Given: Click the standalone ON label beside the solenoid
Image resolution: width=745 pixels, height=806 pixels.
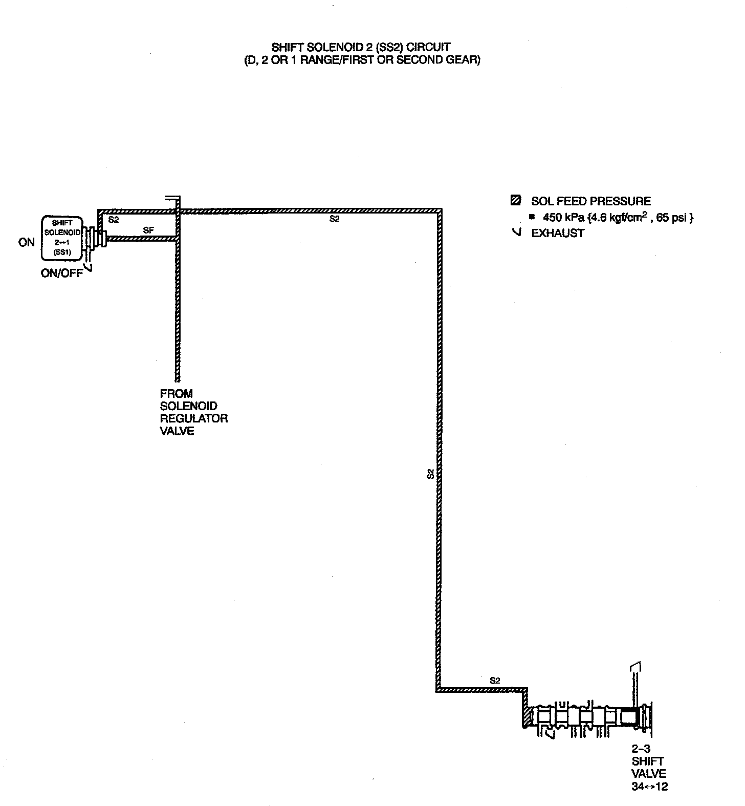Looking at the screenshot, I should tap(26, 243).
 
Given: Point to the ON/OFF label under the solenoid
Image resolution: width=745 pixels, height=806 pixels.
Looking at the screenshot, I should tap(61, 273).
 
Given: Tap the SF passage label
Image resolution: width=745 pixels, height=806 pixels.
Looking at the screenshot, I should tap(148, 231).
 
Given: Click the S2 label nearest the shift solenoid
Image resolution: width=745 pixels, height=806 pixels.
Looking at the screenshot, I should tap(114, 220).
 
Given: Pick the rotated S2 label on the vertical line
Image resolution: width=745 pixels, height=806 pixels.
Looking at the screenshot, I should tap(431, 474).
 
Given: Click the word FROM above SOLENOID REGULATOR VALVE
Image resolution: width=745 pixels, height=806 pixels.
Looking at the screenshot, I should tap(177, 394).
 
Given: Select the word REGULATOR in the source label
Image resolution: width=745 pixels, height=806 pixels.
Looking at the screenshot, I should tap(194, 418).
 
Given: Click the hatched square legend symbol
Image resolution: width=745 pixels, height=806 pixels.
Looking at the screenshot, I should tap(516, 201).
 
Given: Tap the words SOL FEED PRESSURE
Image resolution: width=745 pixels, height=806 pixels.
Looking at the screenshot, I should tap(591, 201).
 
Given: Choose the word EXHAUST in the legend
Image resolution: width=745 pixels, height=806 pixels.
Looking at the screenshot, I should tap(558, 234).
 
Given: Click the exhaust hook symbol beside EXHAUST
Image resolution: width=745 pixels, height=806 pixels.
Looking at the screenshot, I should tap(517, 233).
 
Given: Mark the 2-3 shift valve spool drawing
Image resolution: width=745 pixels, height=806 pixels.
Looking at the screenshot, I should tap(588, 717).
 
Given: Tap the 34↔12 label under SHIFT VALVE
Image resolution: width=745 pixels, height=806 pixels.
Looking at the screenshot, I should tap(649, 787).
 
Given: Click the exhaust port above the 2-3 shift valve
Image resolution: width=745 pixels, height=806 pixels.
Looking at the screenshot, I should tap(635, 667).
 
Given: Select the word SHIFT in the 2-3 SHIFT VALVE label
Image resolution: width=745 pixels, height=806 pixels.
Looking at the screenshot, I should tap(648, 761).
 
